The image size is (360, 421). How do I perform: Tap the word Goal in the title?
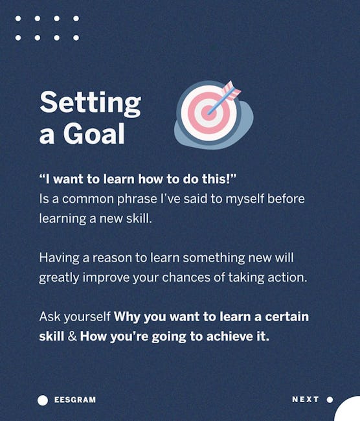(94, 133)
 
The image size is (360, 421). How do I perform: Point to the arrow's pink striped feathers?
(231, 90)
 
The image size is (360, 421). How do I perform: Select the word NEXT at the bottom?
(306, 400)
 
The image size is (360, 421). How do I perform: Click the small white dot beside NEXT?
(330, 400)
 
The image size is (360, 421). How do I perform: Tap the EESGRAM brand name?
(75, 400)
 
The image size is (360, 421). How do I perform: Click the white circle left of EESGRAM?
(43, 400)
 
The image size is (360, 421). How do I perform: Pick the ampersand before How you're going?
(72, 336)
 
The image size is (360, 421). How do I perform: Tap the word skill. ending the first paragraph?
(139, 218)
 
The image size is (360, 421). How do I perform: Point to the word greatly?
(59, 278)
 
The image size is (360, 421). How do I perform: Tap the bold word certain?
(287, 317)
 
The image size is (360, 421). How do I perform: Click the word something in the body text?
(214, 258)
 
